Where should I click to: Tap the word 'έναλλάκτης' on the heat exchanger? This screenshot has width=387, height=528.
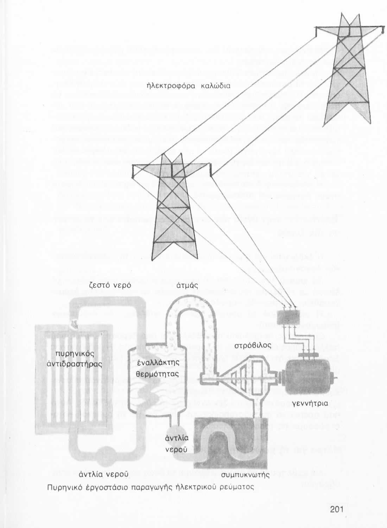point(158,362)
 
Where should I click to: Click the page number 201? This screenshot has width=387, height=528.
point(339,510)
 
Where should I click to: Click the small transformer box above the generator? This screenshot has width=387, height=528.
point(292,319)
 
